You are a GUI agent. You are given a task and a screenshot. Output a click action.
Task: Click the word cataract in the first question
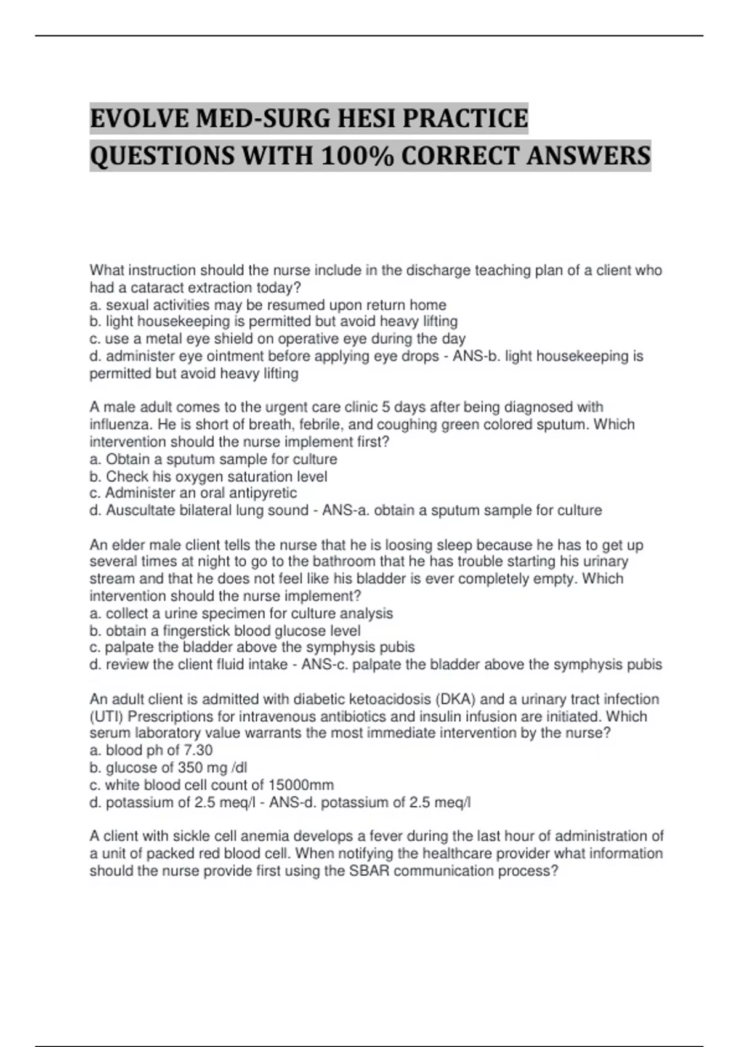click(x=142, y=288)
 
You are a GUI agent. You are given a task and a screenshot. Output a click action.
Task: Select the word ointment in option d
click(x=234, y=357)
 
